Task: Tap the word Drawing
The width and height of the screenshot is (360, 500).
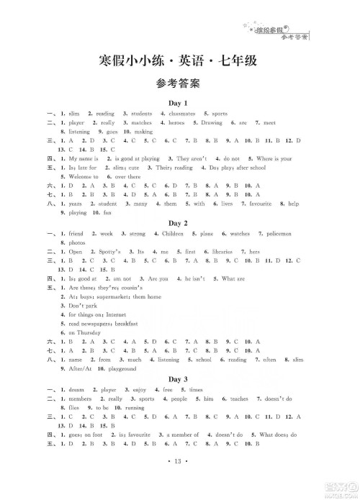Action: click(212, 123)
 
